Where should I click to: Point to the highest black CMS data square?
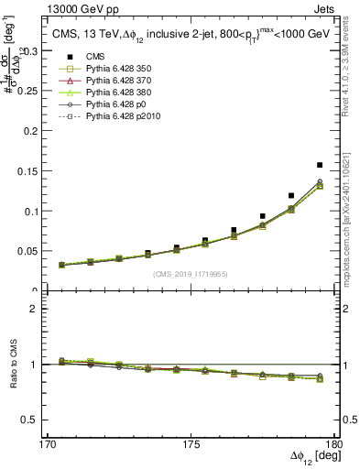[320, 165]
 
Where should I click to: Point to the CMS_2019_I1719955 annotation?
[191, 274]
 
